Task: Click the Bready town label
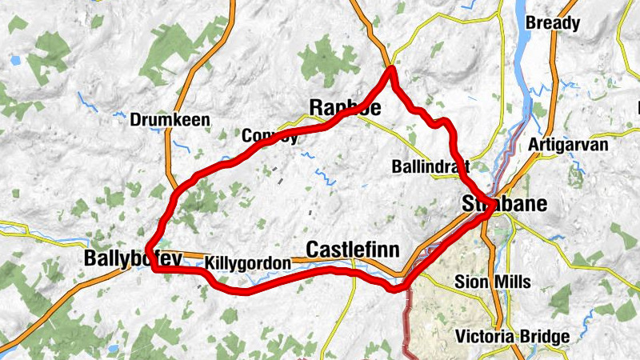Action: pos(552,23)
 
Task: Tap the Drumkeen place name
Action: pos(170,120)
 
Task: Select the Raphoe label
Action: pos(345,108)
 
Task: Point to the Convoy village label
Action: pos(270,135)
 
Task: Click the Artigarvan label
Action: pos(569,146)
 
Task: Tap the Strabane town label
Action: pos(505,204)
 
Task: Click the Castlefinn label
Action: pos(353,249)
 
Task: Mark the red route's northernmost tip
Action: pos(392,70)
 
